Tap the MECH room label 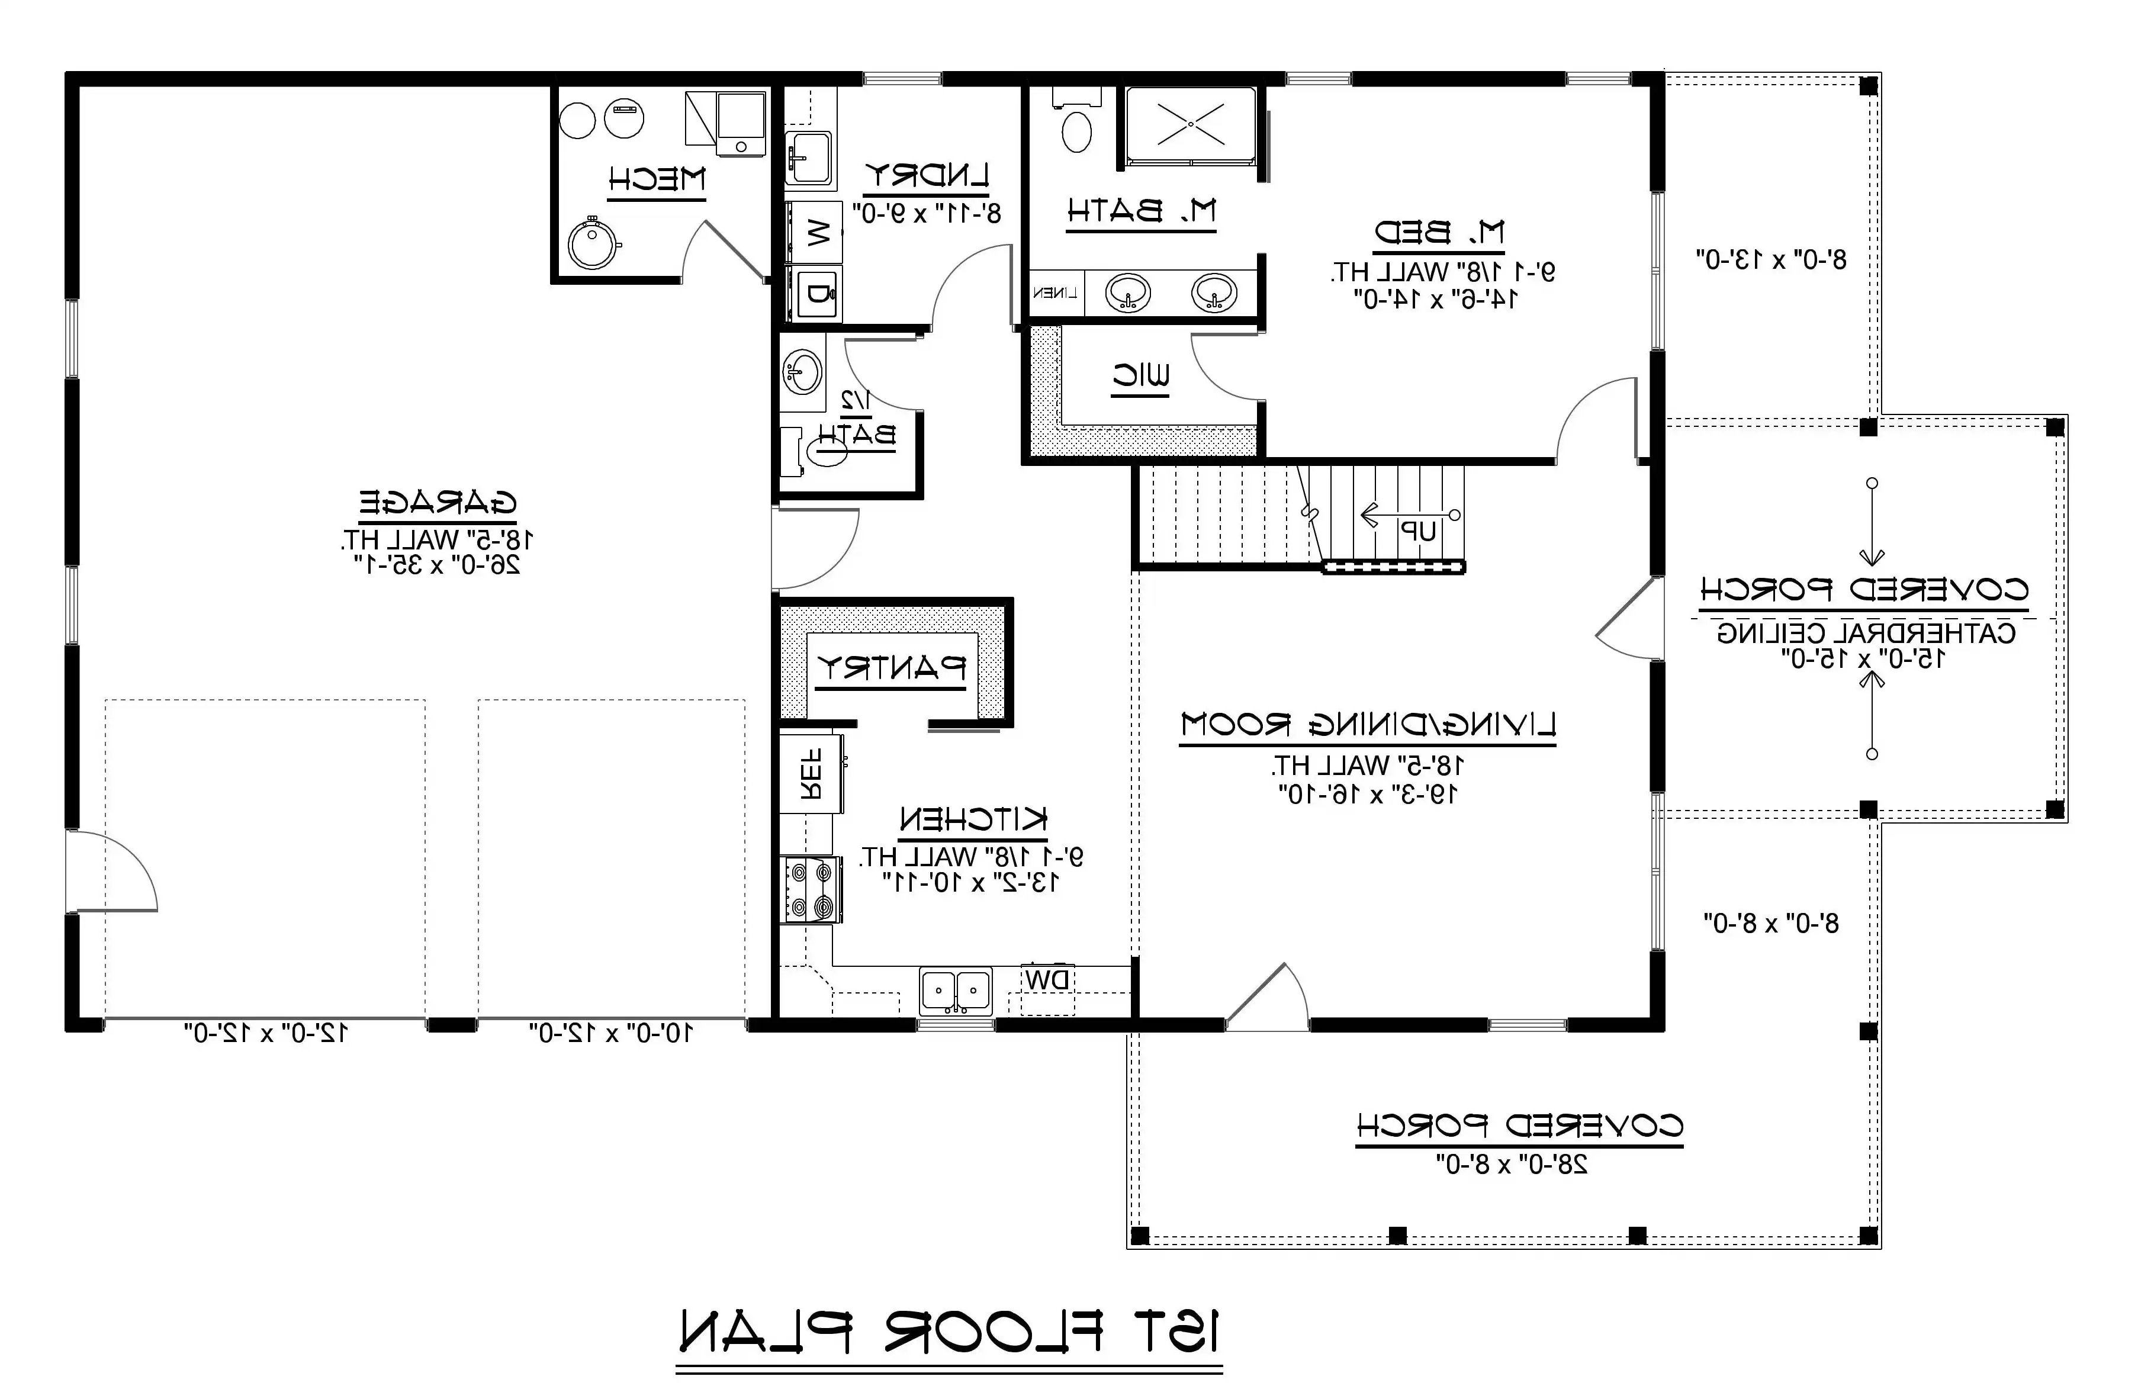tap(657, 179)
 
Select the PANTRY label tap(890, 667)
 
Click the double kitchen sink tap(956, 992)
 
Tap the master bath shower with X tap(1190, 125)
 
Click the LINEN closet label tap(1056, 293)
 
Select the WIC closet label tap(1141, 377)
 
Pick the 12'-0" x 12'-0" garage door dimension tap(266, 1033)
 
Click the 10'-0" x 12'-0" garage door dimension tap(611, 1033)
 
